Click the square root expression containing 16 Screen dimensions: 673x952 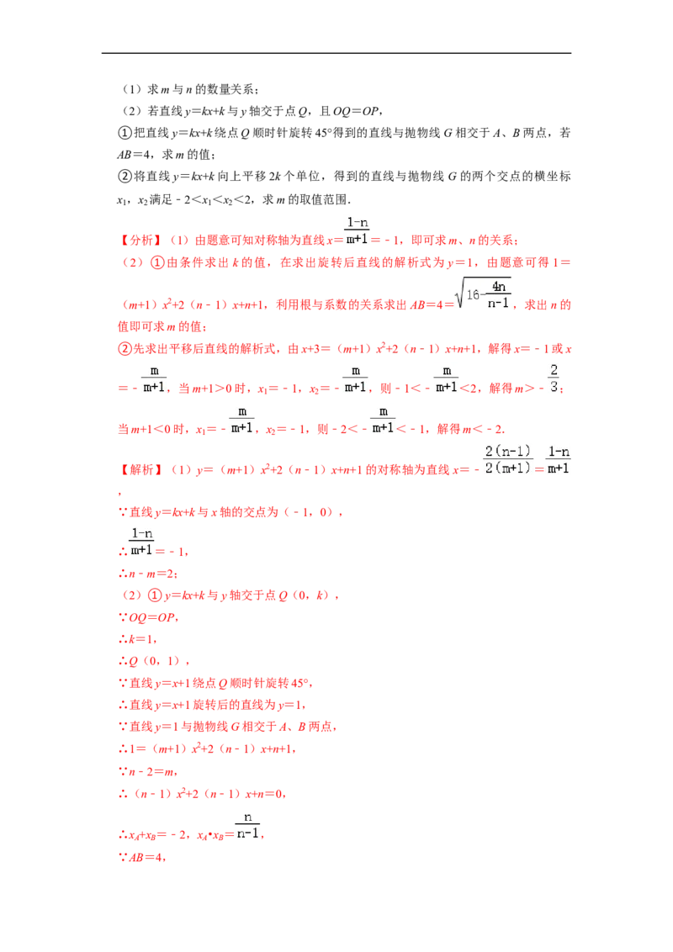485,294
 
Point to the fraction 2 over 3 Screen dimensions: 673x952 554,378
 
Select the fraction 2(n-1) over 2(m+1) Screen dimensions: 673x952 508,460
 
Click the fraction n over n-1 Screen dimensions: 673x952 248,826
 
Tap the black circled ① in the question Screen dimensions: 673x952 125,133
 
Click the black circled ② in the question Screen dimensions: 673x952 125,177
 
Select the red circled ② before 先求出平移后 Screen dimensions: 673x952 125,349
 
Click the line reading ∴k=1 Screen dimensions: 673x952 138,639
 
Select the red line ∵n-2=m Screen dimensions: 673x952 148,772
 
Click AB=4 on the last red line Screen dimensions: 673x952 146,857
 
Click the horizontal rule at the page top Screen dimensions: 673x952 336,54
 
